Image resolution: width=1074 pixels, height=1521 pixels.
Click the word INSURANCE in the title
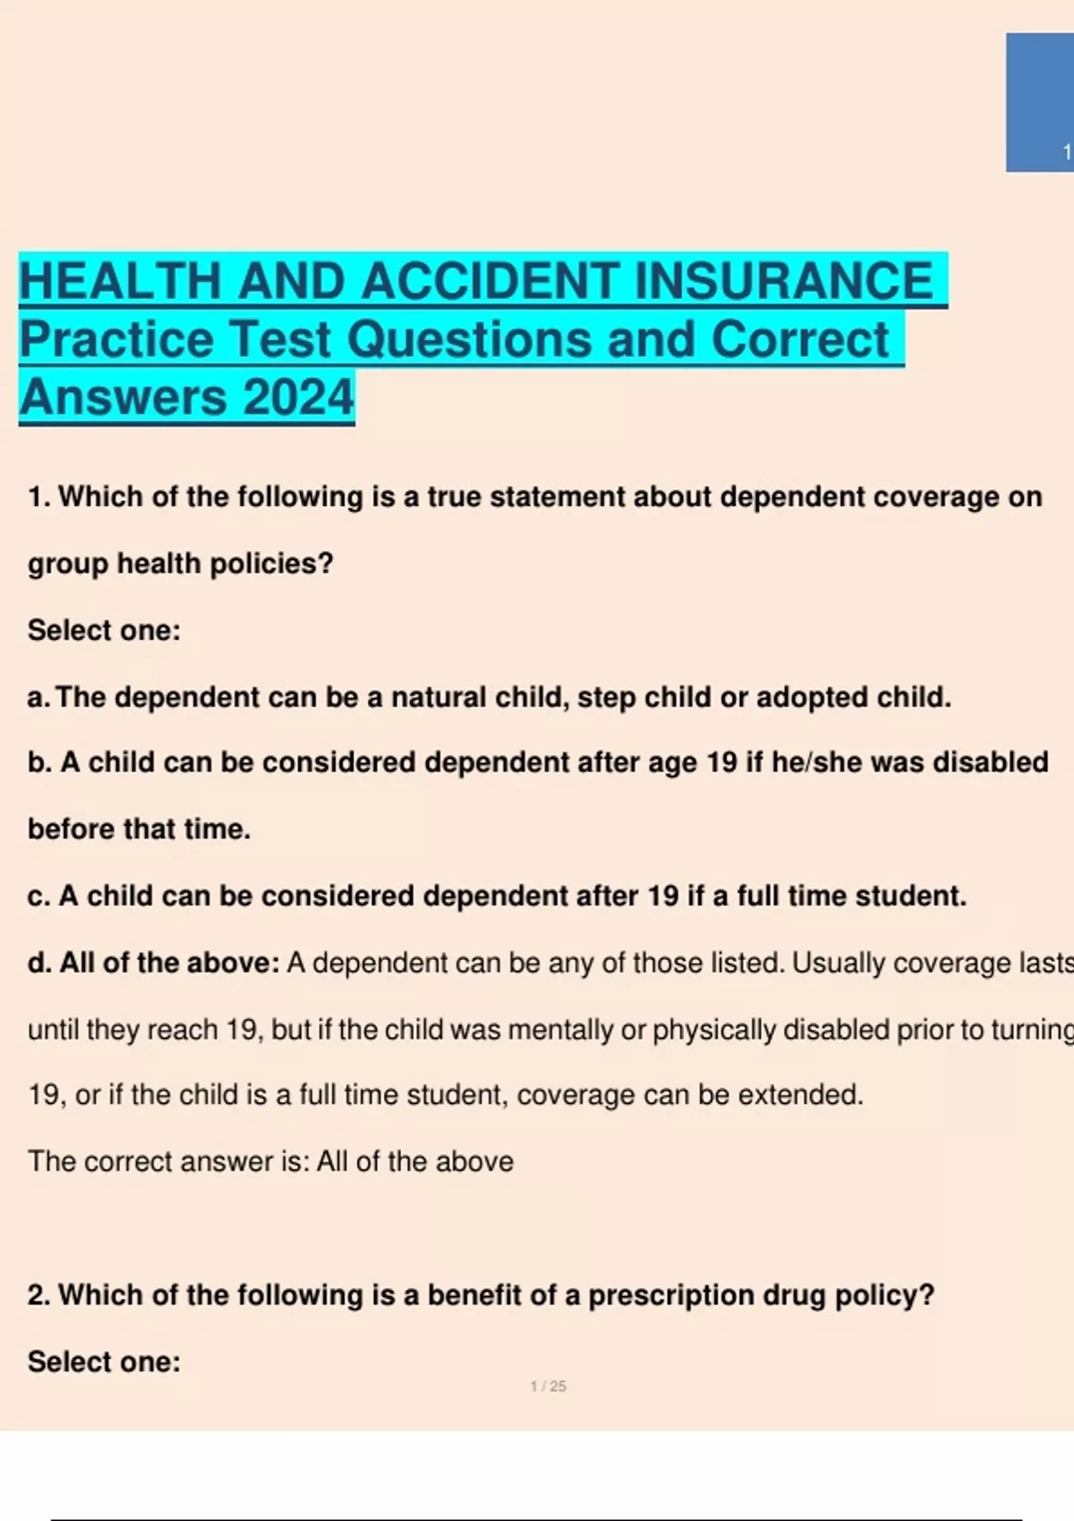point(783,281)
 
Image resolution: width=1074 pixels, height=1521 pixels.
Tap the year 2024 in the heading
point(298,397)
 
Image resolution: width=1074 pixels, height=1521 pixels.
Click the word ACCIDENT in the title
point(490,281)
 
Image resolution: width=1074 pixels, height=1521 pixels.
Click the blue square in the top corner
point(1038,102)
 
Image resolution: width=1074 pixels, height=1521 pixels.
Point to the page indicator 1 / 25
point(548,1386)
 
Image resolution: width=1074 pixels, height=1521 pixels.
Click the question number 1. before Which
point(39,497)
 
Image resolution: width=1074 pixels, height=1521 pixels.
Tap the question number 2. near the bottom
point(39,1295)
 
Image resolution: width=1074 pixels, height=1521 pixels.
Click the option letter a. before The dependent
point(38,697)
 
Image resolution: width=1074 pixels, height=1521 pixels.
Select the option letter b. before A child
point(39,762)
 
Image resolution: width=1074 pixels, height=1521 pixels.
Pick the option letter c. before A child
point(38,896)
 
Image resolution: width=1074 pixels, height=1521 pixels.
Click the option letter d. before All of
point(39,963)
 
